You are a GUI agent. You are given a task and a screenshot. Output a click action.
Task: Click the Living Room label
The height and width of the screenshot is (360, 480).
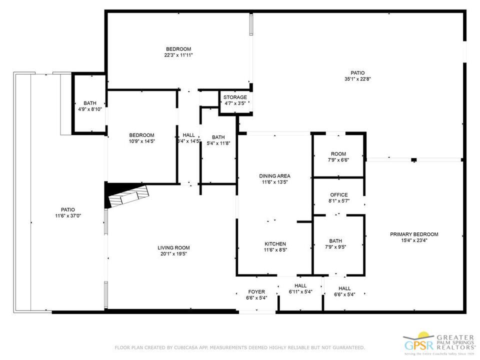(173, 247)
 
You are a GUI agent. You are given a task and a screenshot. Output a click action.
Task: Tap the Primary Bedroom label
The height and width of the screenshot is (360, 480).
(414, 234)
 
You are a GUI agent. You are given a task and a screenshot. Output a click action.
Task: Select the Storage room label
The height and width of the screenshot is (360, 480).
(235, 97)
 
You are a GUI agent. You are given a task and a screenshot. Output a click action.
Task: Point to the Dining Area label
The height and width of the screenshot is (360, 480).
(274, 176)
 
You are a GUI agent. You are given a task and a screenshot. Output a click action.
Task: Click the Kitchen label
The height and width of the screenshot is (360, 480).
(275, 243)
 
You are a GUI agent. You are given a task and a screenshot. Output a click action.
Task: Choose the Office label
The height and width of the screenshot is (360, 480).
(338, 195)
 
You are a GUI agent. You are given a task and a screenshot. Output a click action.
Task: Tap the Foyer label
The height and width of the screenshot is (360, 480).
(256, 291)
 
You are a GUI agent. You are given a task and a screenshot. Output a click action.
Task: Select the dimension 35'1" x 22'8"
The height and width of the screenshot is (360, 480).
(357, 79)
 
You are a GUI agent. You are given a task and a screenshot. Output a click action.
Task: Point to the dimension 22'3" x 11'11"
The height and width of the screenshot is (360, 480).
(179, 55)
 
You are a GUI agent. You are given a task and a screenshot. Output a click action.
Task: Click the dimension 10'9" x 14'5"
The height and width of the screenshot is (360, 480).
(141, 141)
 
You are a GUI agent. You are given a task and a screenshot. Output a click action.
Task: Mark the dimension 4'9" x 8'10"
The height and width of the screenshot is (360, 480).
(90, 109)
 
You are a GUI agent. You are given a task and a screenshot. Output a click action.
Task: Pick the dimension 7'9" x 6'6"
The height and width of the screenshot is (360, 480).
(338, 160)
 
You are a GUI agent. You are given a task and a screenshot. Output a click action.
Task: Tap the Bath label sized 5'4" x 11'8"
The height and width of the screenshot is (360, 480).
(218, 137)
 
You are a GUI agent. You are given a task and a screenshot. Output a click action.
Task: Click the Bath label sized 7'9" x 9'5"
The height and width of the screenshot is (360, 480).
(335, 240)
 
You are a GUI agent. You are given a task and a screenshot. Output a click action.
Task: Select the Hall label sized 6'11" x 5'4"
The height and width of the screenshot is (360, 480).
(300, 285)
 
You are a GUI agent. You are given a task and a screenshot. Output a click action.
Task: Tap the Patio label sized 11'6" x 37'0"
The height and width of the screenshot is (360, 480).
(68, 209)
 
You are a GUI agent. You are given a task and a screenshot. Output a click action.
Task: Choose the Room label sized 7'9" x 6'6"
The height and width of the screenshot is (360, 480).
(338, 154)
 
